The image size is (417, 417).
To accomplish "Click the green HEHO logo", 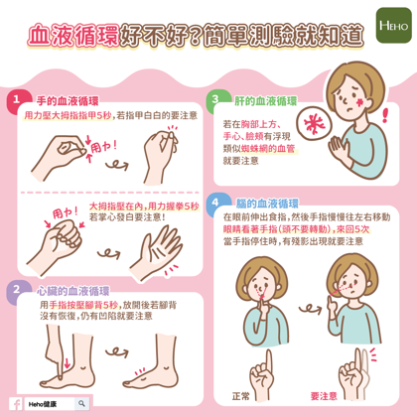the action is [x=393, y=26].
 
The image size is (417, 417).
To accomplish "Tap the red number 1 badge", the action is [x=17, y=100].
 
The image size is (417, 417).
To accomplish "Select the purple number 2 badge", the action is [x=17, y=290].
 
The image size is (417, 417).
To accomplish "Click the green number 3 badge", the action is [x=216, y=99].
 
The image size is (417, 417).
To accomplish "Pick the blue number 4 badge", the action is [x=216, y=203].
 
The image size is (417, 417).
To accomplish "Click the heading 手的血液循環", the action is [x=68, y=101].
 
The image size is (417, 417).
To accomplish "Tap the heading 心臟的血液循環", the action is [x=73, y=291].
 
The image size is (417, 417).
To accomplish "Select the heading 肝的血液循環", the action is [x=266, y=101].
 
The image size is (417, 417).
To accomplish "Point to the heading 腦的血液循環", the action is [x=267, y=204].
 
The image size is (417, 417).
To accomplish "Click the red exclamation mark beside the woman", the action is [x=385, y=115].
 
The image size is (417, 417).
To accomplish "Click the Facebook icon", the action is [x=16, y=404].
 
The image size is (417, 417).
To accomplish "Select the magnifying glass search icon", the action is [x=81, y=403].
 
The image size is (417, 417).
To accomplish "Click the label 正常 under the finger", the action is [x=240, y=396].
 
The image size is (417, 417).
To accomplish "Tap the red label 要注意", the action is [x=324, y=396].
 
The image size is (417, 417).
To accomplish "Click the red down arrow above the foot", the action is [x=68, y=362].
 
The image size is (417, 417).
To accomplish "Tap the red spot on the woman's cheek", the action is [x=360, y=102].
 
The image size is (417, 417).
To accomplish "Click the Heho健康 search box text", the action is [x=43, y=404].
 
